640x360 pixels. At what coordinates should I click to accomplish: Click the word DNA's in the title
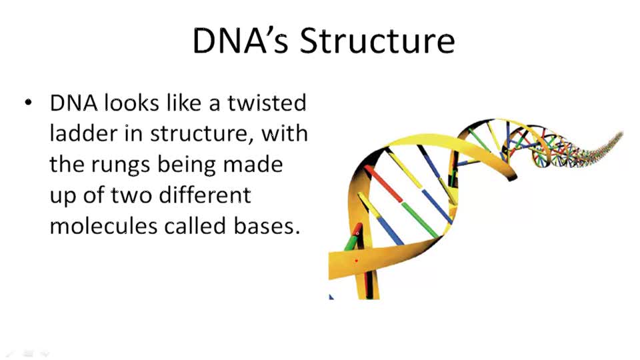pos(241,41)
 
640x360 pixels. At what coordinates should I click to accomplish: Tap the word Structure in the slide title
pos(377,41)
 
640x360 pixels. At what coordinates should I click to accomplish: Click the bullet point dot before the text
pos(28,103)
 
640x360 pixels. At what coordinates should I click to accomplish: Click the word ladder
pos(84,133)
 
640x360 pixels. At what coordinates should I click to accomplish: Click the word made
pos(261,164)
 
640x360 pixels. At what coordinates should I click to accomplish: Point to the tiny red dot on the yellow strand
pos(357,261)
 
